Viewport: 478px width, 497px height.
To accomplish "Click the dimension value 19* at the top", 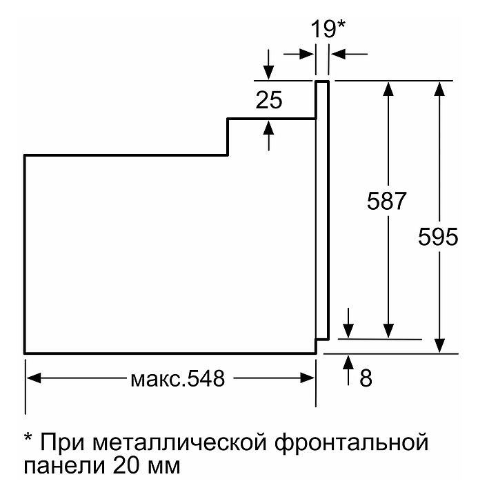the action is click(x=328, y=29).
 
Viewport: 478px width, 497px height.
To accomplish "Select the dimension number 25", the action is click(x=269, y=100).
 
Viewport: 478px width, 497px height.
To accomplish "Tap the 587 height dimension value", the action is click(x=386, y=201).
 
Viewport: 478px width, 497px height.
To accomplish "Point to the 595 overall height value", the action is click(x=438, y=237).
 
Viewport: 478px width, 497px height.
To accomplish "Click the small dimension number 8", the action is click(x=366, y=378).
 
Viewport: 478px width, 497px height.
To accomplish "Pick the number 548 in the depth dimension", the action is click(x=206, y=378).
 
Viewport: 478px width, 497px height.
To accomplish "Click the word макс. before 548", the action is click(x=158, y=380).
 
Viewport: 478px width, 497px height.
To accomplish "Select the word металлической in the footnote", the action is click(x=179, y=442).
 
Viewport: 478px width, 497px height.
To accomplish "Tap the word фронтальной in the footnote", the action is click(x=351, y=442).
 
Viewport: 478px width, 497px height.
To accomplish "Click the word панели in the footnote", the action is click(x=64, y=466).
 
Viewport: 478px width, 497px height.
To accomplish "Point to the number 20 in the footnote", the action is click(x=126, y=465).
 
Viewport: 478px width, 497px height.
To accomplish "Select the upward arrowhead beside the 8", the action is click(x=348, y=362).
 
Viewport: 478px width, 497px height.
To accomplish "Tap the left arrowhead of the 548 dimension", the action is click(x=34, y=378).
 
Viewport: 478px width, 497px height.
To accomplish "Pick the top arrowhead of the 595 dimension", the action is click(x=439, y=89).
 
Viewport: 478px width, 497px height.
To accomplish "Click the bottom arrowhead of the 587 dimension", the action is click(x=388, y=331).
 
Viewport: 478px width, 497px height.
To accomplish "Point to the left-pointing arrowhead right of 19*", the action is click(x=338, y=55).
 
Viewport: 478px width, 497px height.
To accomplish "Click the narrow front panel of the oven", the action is click(x=322, y=210).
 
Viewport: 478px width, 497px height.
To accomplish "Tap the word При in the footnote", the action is click(x=63, y=442).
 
